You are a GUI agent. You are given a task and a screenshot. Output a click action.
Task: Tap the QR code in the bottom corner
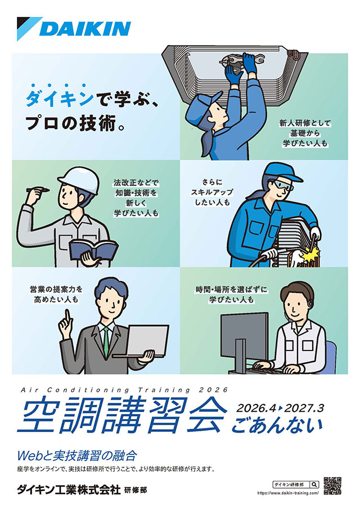click(332, 485)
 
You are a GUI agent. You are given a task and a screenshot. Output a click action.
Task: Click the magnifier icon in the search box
click(313, 484)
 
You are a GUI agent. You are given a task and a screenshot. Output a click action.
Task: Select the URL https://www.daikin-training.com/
click(287, 492)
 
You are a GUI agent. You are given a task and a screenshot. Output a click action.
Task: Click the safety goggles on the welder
click(283, 184)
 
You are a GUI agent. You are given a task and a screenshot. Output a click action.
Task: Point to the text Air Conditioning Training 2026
click(124, 389)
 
